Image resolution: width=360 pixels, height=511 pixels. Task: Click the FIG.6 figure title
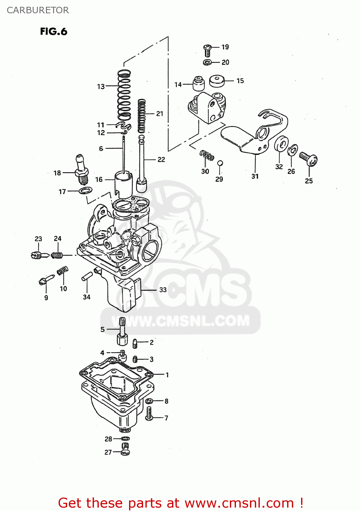point(53,32)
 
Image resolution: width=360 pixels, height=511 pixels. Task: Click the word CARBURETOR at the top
point(38,10)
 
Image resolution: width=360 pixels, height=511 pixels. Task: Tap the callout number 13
point(101,87)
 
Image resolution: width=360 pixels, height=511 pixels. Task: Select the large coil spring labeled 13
point(124,95)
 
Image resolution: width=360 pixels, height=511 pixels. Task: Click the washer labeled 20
point(207,62)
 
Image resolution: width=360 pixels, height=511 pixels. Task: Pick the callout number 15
point(240,81)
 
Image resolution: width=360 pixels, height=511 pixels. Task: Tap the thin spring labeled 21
point(141,116)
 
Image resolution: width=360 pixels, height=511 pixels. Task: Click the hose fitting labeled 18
point(81,169)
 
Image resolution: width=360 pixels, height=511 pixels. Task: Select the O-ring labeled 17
point(85,190)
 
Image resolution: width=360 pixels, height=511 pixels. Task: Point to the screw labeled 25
point(309,159)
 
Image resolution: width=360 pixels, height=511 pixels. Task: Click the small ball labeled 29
point(220,163)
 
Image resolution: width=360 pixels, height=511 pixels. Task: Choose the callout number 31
point(255,176)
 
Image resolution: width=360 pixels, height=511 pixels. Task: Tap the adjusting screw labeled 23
point(40,255)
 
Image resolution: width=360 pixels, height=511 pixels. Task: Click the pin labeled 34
point(87,276)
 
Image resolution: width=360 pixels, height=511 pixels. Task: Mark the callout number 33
point(163,290)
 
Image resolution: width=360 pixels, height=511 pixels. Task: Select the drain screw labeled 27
point(125,449)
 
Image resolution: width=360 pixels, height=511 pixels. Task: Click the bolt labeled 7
point(149,414)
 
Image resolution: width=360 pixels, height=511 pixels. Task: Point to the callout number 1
point(167,375)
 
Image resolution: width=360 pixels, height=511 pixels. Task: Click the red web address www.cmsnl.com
point(239,503)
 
